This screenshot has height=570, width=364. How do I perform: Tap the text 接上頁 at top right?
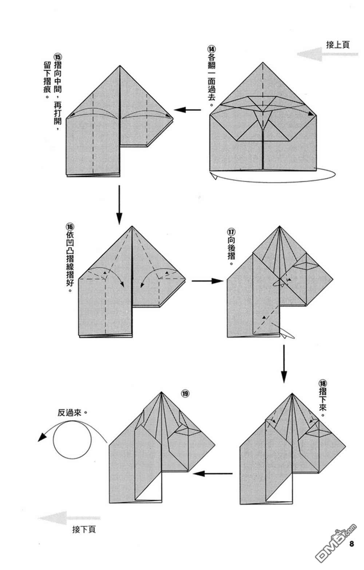337,45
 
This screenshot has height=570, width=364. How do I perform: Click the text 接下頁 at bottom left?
84,530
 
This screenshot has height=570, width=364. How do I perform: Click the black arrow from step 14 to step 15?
187,109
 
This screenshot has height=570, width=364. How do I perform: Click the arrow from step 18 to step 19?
213,473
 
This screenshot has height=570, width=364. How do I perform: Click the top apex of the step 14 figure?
262,63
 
